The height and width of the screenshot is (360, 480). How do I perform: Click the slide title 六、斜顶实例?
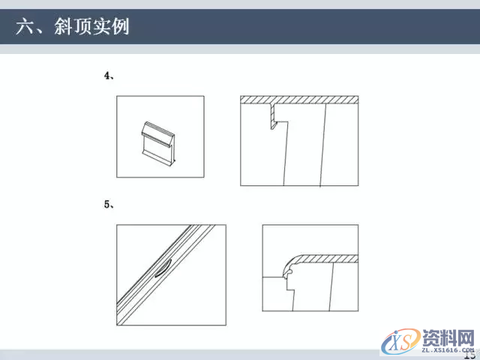(73, 28)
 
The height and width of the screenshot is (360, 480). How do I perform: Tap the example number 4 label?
(108, 76)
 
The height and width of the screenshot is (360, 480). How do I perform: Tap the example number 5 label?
(108, 203)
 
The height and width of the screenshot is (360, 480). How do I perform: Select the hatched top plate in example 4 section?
(298, 100)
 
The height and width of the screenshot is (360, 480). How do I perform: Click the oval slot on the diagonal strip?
(163, 268)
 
